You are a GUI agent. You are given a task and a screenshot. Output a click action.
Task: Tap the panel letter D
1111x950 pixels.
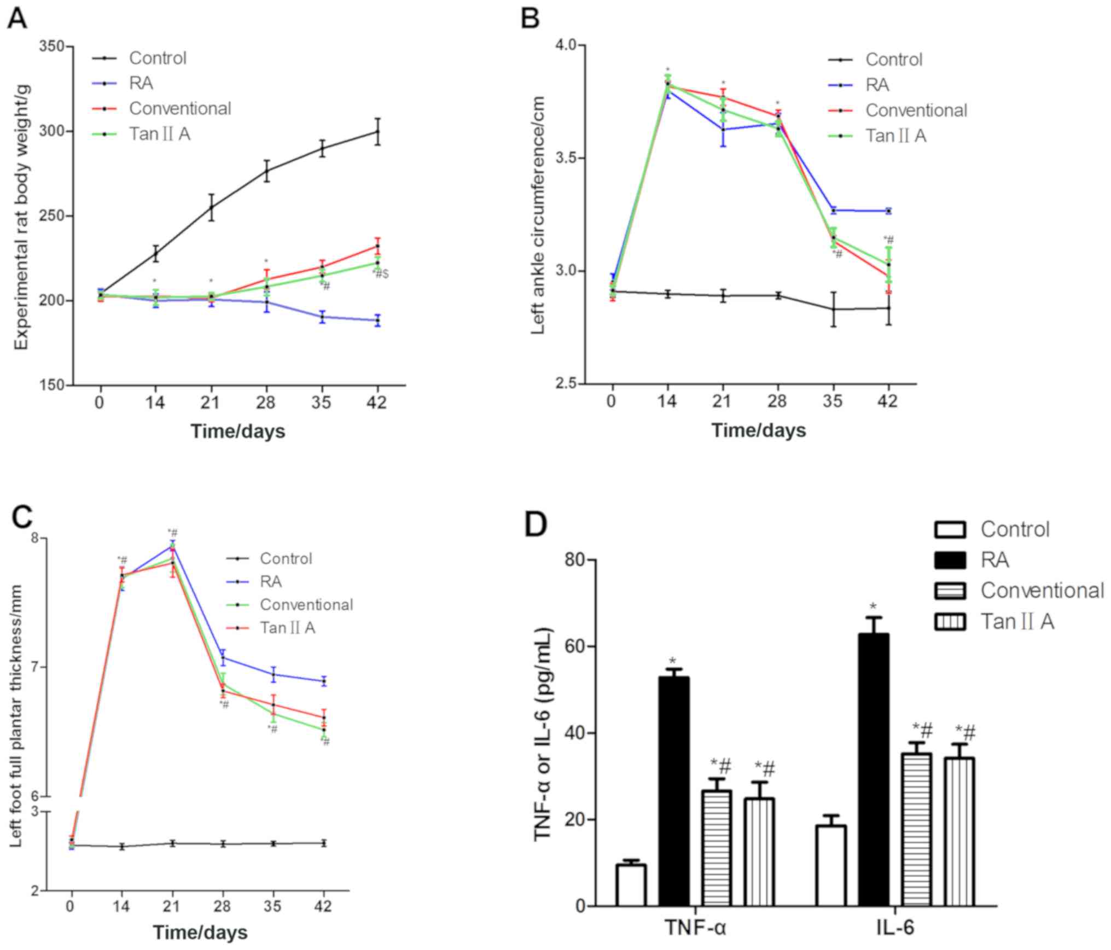536,524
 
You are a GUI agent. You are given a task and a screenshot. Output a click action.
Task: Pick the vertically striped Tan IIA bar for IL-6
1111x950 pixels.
959,831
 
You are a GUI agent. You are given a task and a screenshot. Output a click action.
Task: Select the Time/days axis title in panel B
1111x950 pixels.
758,430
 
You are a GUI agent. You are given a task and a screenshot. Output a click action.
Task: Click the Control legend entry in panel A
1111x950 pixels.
157,58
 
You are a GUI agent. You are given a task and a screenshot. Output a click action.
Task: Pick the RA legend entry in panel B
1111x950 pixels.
877,85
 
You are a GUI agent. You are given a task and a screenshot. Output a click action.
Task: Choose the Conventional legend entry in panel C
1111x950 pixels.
306,604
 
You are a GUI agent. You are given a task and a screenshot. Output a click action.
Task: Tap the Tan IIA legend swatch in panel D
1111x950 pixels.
950,621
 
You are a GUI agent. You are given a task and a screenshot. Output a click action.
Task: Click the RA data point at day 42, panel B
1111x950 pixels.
888,211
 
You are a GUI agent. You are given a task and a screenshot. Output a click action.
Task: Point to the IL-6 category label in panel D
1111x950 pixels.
895,928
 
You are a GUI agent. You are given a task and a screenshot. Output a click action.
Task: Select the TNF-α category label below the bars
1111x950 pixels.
695,928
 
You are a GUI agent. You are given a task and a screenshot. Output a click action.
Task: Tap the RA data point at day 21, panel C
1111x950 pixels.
172,545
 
